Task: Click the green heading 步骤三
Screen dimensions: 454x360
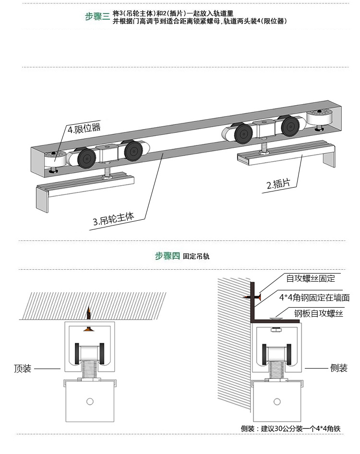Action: [97, 16]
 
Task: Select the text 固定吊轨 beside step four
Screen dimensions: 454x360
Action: [196, 256]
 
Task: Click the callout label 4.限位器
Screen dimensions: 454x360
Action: [84, 129]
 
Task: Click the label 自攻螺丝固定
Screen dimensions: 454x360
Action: [311, 278]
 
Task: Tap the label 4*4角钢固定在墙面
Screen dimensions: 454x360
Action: [314, 298]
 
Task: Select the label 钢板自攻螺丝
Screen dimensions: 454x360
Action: [319, 314]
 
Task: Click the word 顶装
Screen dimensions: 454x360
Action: [23, 369]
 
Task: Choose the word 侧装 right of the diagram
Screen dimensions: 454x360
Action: [338, 368]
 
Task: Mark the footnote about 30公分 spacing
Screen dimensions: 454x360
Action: [290, 429]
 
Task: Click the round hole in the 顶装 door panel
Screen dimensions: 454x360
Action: [89, 401]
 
